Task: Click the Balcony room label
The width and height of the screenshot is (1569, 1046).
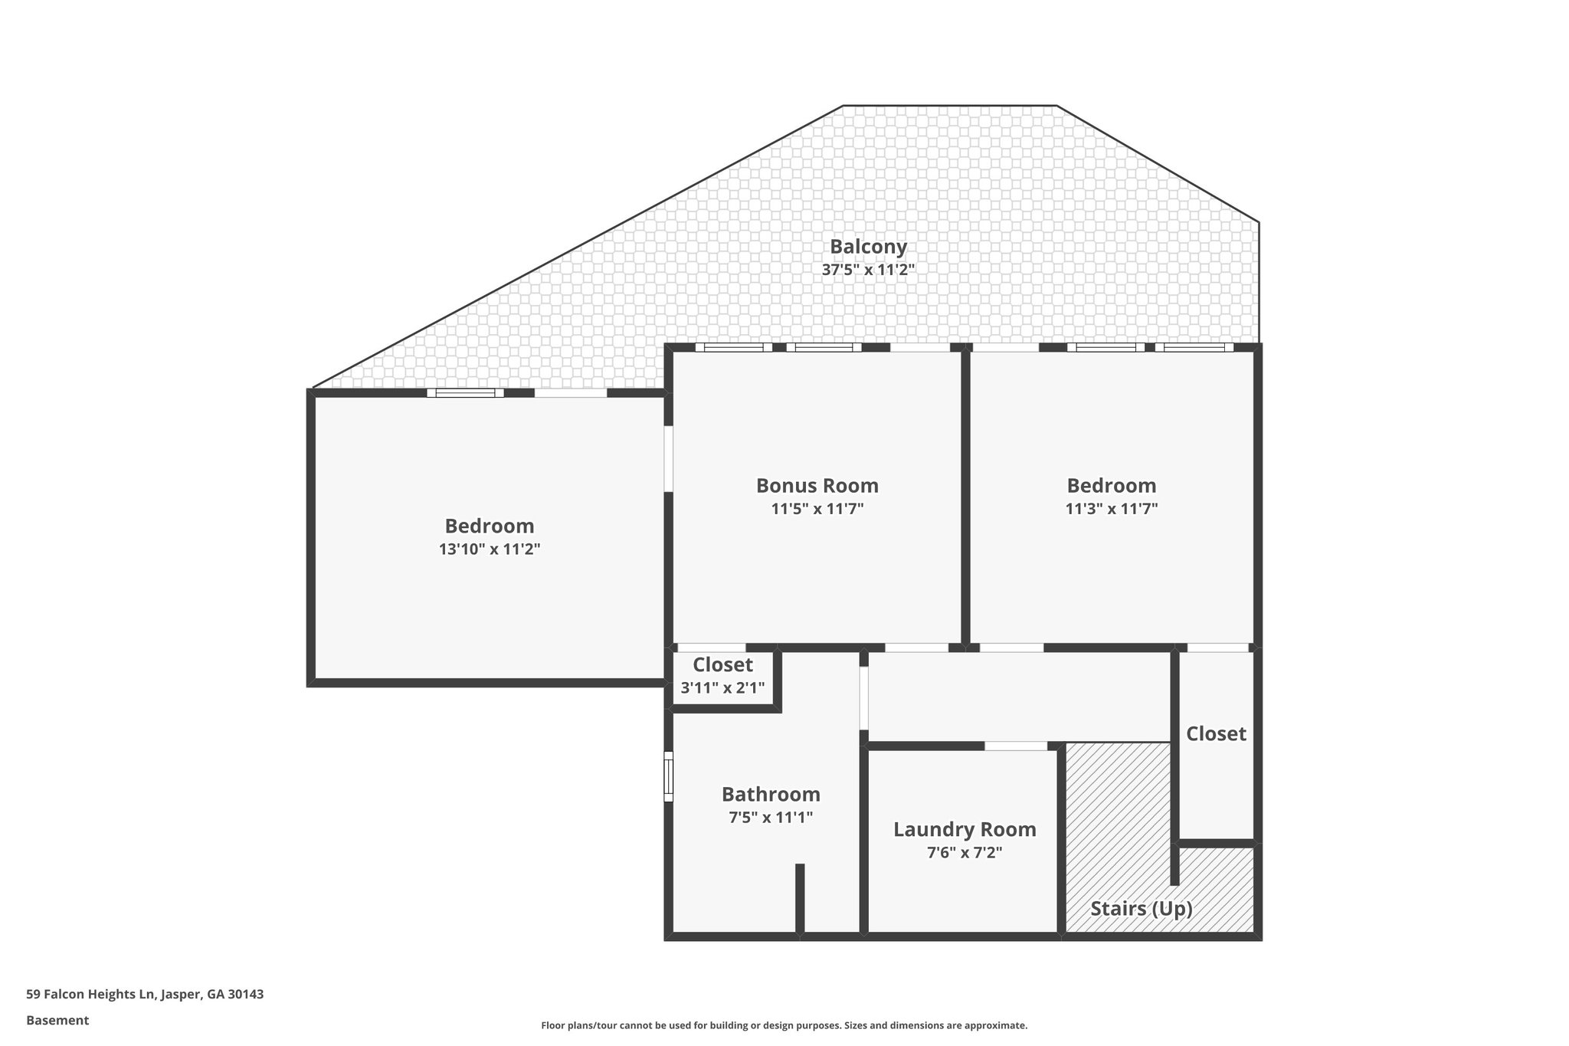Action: pyautogui.click(x=868, y=247)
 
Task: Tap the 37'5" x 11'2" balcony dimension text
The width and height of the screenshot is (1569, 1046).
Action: pyautogui.click(x=868, y=270)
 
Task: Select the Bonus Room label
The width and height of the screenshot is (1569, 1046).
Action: pyautogui.click(x=817, y=486)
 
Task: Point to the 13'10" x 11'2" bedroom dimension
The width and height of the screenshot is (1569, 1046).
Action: pyautogui.click(x=490, y=549)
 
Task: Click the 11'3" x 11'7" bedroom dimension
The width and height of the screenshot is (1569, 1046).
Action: pyautogui.click(x=1111, y=509)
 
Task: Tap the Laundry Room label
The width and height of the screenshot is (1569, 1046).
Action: pyautogui.click(x=965, y=830)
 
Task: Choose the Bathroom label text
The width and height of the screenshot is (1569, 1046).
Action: pyautogui.click(x=771, y=795)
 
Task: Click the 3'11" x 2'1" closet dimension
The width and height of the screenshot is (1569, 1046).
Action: pyautogui.click(x=722, y=688)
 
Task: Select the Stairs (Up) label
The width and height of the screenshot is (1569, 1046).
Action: pyautogui.click(x=1141, y=909)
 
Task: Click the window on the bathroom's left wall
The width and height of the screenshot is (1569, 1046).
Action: pyautogui.click(x=668, y=776)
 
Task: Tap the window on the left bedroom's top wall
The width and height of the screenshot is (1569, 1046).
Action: pyautogui.click(x=465, y=393)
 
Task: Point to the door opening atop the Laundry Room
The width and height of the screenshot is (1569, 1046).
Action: pyautogui.click(x=1015, y=746)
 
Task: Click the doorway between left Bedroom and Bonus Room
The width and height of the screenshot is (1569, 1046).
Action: pyautogui.click(x=668, y=458)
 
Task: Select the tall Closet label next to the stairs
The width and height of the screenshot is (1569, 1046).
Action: pyautogui.click(x=1216, y=734)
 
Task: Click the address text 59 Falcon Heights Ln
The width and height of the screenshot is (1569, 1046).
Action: pyautogui.click(x=145, y=994)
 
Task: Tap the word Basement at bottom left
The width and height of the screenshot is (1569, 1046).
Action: pyautogui.click(x=57, y=1020)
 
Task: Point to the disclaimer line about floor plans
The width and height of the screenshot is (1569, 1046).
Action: pyautogui.click(x=784, y=1025)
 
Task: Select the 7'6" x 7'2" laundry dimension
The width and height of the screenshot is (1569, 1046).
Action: pyautogui.click(x=965, y=853)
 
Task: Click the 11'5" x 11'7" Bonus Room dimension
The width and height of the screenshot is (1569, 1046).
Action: pyautogui.click(x=817, y=509)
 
